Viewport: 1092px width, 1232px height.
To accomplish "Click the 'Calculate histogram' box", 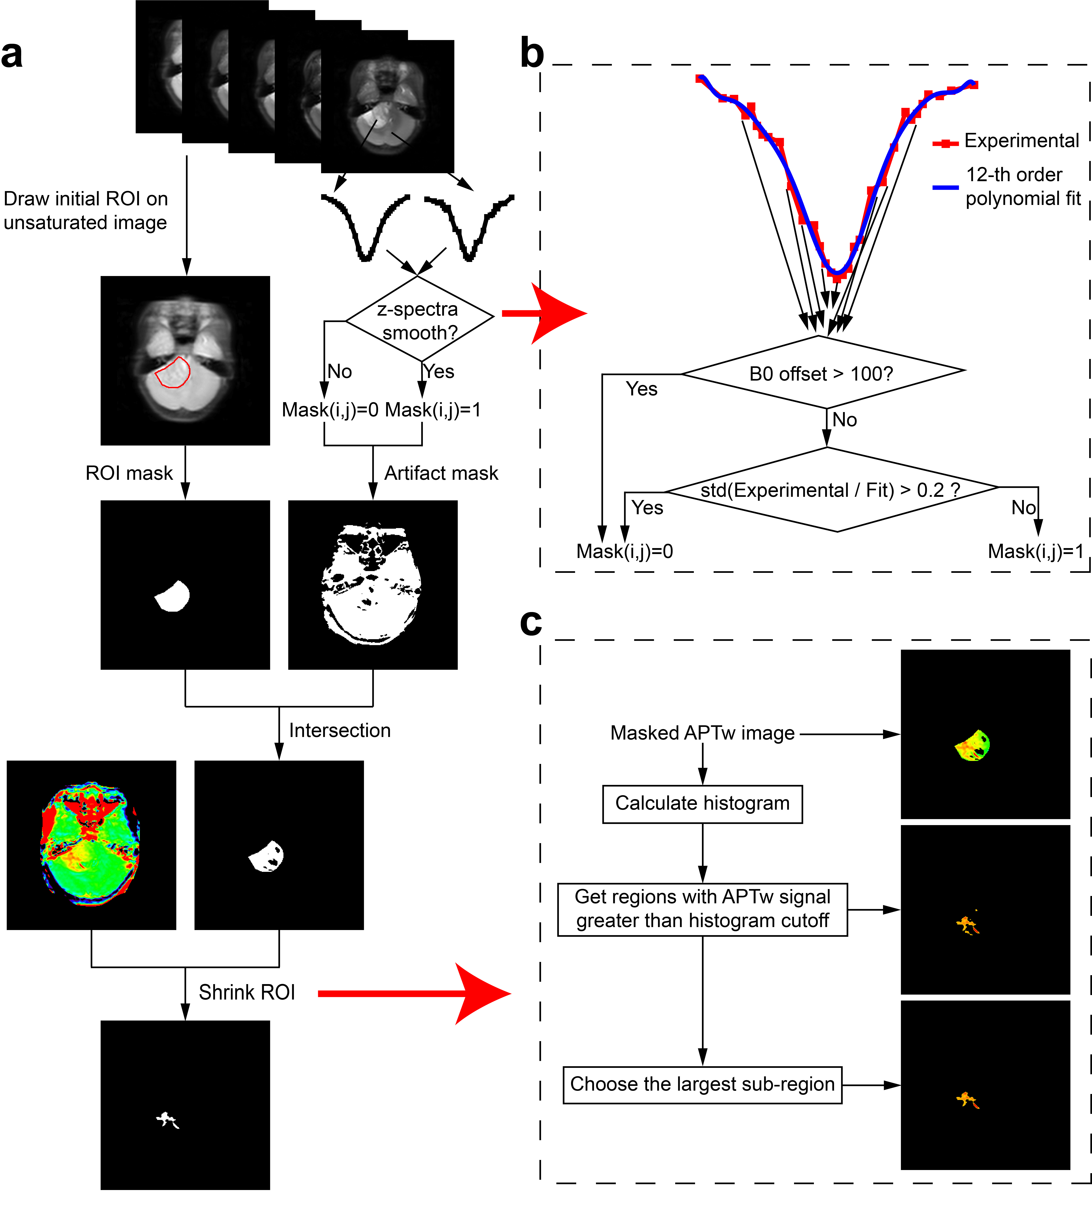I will click(x=702, y=804).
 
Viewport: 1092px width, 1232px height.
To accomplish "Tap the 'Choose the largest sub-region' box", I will click(x=702, y=1084).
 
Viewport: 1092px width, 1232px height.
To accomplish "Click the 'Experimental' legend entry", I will click(x=1021, y=141).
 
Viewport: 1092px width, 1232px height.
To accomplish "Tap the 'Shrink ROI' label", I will click(x=247, y=992).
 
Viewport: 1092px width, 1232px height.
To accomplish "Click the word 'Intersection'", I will click(x=340, y=730).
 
